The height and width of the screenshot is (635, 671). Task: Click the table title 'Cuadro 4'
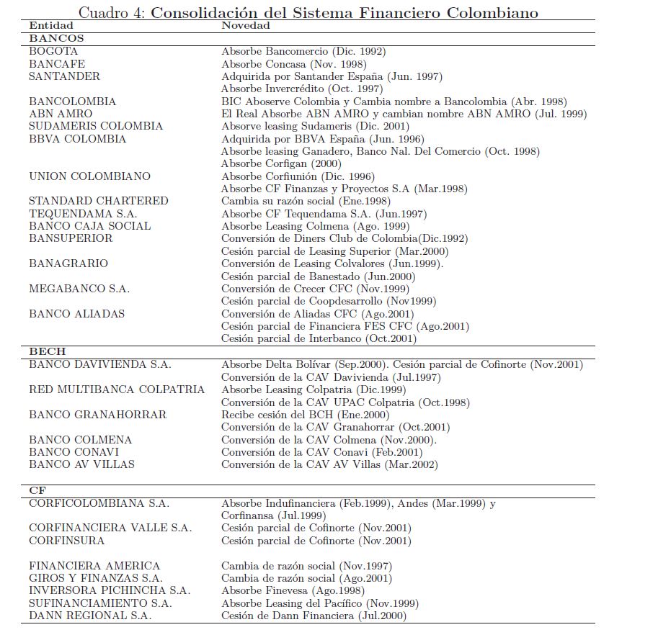click(x=112, y=13)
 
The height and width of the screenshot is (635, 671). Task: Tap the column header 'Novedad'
click(x=245, y=26)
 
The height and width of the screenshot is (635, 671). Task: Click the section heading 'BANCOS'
click(x=56, y=38)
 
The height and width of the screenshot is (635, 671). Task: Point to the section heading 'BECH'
click(x=47, y=351)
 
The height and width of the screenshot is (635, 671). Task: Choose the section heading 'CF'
click(x=37, y=490)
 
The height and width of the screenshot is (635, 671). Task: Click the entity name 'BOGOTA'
click(x=53, y=51)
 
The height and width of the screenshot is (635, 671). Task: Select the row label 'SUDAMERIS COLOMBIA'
click(x=96, y=126)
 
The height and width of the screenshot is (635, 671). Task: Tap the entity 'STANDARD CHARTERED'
click(x=99, y=201)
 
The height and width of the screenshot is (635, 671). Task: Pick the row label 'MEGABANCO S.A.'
click(x=79, y=289)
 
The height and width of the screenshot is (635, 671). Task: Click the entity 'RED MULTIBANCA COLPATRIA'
click(x=117, y=389)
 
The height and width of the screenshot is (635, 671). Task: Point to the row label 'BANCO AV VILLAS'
click(x=81, y=464)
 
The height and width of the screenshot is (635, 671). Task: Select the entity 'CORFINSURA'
click(x=66, y=541)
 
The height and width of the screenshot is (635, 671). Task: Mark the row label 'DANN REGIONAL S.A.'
click(x=90, y=616)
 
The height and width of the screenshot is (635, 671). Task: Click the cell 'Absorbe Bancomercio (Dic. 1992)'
click(x=303, y=51)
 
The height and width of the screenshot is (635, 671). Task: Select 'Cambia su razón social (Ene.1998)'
click(x=306, y=201)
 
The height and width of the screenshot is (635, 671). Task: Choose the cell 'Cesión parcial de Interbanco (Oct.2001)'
click(x=319, y=338)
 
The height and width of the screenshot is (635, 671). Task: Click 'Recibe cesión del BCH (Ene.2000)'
click(x=305, y=415)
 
